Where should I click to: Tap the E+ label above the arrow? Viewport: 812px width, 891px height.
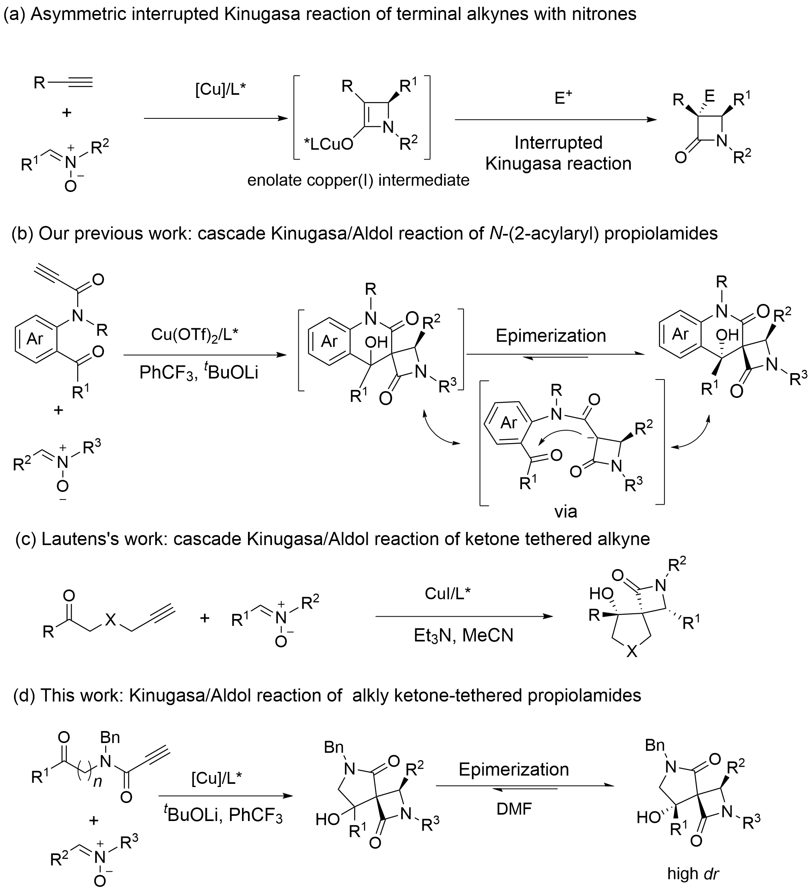[563, 98]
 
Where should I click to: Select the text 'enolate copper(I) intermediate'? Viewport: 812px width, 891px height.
[358, 180]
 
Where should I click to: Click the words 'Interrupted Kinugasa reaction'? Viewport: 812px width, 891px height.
[558, 153]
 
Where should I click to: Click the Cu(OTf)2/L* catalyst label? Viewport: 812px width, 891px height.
[194, 335]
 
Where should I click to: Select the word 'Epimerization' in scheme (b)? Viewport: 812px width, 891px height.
[550, 336]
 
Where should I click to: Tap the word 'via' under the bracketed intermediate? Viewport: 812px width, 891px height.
[566, 512]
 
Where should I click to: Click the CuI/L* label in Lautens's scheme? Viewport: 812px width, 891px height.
[448, 593]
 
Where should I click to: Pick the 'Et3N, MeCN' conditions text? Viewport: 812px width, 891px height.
[463, 635]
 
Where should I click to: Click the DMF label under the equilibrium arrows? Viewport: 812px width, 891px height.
[514, 809]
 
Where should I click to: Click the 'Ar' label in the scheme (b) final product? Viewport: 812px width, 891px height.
[680, 334]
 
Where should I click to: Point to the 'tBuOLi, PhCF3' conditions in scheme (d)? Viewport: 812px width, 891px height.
[223, 815]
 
